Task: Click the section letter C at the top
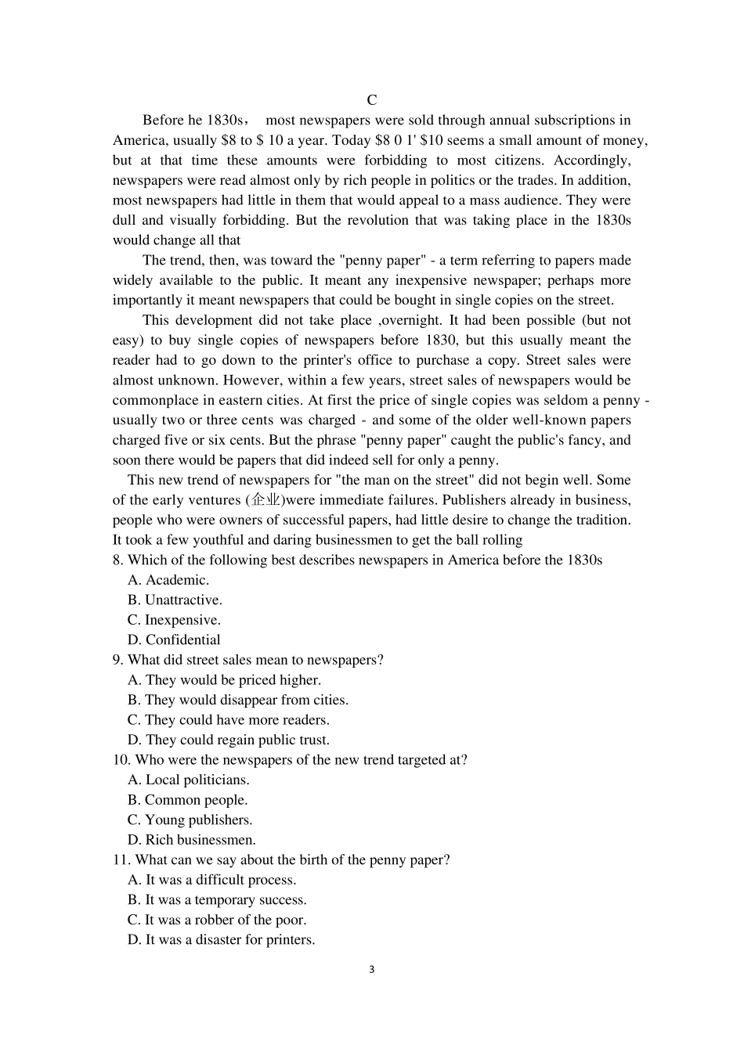pos(372,100)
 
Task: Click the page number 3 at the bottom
pos(371,969)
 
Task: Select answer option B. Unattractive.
pos(175,600)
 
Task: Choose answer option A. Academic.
pos(168,580)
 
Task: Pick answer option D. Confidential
pos(174,640)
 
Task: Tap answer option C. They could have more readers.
pos(228,720)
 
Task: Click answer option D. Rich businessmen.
pos(191,840)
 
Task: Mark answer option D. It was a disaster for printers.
pos(221,940)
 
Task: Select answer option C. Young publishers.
pos(190,820)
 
